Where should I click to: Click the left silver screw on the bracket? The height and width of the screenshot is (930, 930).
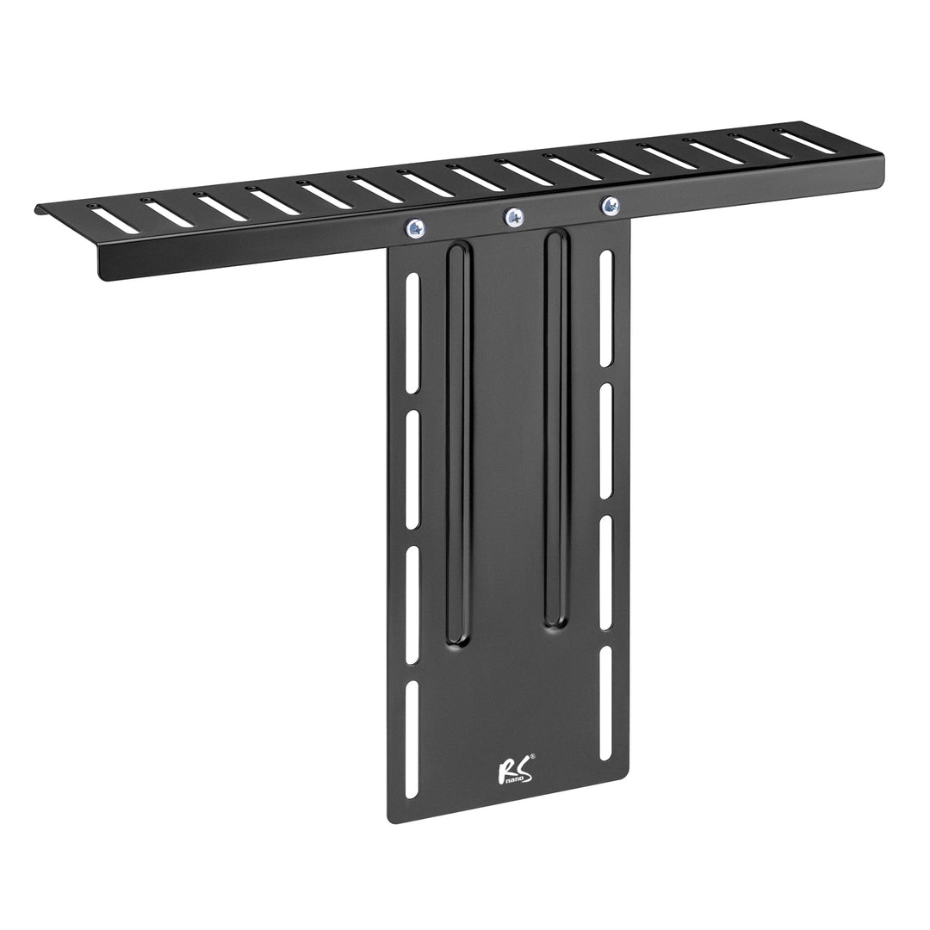pos(415,228)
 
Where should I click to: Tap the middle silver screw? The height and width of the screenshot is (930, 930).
pos(514,217)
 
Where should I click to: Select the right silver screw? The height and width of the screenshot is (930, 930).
pos(610,206)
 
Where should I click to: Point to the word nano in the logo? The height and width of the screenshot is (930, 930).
pos(512,778)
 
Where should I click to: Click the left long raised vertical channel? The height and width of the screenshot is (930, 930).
pos(458,444)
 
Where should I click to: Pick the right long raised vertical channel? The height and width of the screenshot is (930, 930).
pos(556,429)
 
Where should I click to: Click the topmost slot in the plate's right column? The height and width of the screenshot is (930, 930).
pos(606,307)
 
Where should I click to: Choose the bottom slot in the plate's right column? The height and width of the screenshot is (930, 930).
pos(606,703)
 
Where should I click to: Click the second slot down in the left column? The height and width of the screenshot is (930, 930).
pos(412,469)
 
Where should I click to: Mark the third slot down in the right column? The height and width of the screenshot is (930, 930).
pos(606,573)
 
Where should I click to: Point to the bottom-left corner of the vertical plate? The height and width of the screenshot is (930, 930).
pos(392,821)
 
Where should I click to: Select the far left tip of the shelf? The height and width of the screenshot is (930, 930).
pos(38,209)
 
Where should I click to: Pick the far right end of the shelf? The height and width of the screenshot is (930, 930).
pos(882,157)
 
